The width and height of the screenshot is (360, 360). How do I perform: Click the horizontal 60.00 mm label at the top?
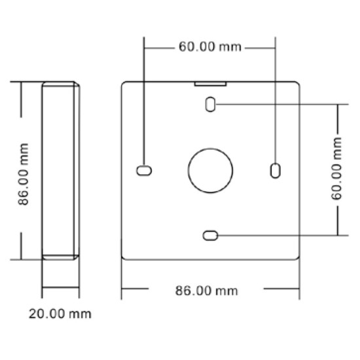point(209,47)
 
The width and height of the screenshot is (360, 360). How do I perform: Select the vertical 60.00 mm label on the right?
point(337,170)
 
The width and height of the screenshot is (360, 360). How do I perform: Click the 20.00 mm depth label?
point(60,314)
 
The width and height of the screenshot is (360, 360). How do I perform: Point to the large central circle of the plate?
point(210,170)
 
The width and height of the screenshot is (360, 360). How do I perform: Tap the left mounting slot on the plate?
point(144,170)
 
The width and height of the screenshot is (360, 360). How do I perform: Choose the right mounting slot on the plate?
point(275,170)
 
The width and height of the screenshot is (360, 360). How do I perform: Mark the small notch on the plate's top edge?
point(210,83)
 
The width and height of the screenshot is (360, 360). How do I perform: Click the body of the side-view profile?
point(61,170)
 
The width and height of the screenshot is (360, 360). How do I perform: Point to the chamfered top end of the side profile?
point(61,84)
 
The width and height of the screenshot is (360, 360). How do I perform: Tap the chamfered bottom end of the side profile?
point(61,257)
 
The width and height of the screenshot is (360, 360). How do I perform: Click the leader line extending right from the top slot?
point(275,104)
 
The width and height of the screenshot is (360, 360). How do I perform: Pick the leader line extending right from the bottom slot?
point(275,235)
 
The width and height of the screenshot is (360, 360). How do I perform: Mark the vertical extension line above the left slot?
point(144,98)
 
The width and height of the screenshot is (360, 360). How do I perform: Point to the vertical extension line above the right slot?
point(275,98)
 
